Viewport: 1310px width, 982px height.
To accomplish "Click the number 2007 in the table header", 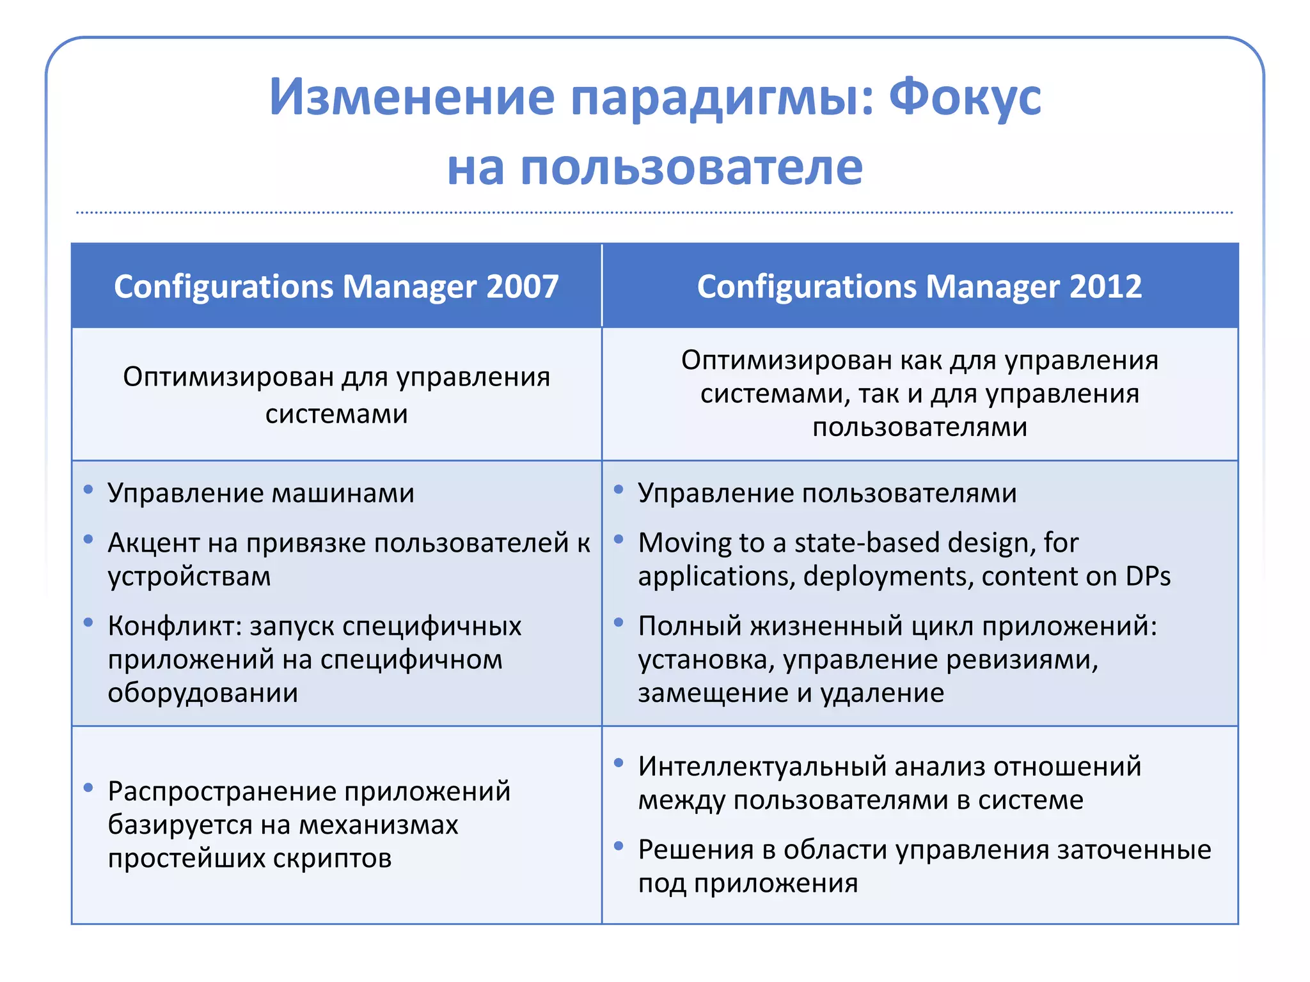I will (x=522, y=286).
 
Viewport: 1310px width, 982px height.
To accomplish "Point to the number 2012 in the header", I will (x=1105, y=286).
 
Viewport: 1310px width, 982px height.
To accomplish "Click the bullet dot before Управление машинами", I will (x=88, y=490).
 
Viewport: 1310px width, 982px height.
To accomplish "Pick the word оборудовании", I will (x=203, y=693).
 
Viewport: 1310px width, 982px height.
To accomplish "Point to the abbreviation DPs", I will (x=1148, y=577).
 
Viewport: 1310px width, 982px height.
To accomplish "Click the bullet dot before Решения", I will (x=619, y=846).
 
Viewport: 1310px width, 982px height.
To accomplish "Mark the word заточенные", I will (x=1134, y=850).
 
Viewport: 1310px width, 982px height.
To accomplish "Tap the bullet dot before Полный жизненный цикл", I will (x=619, y=622).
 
